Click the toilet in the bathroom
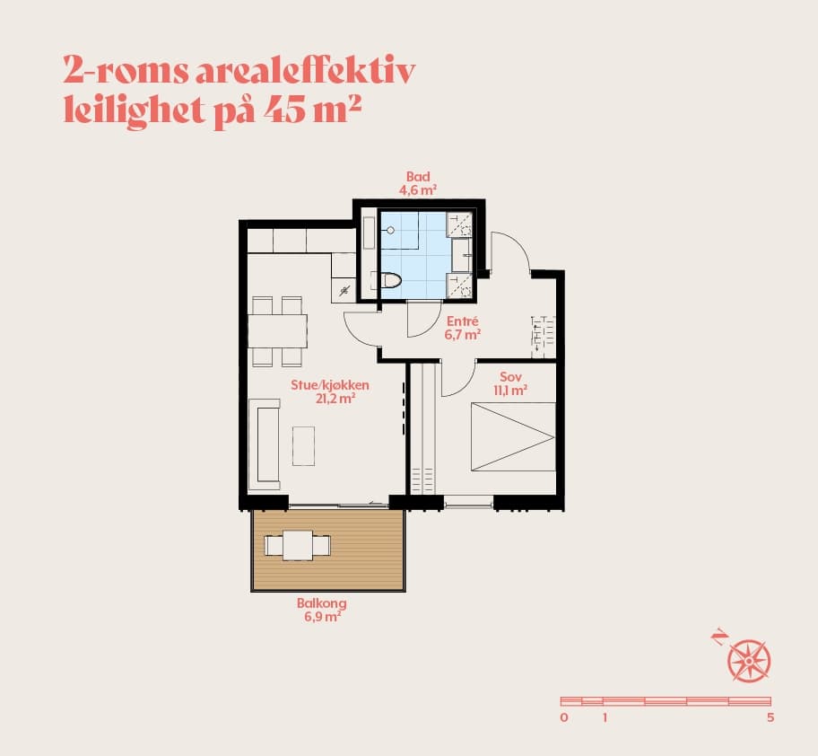coord(391,280)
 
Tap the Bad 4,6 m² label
coord(418,183)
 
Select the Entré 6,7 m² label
coord(462,328)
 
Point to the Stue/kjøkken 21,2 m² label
coord(330,391)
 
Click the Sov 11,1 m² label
coord(510,383)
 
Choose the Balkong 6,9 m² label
coord(322,610)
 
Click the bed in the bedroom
coord(513,436)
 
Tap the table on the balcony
coord(298,546)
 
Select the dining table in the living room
coord(277,331)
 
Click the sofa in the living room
coord(265,444)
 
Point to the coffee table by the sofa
coord(304,446)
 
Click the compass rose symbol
coord(749,661)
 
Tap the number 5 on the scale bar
coord(770,717)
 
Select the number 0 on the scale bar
coord(564,717)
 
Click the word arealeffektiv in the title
coord(305,71)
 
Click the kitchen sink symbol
coord(344,291)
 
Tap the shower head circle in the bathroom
coord(390,230)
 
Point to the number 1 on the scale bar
coord(605,717)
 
